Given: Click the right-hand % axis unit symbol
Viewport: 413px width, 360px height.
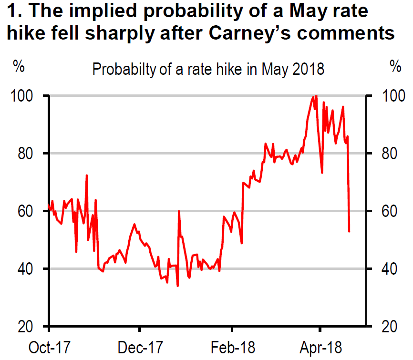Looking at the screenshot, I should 395,67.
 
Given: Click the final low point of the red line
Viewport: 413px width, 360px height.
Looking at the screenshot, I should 350,231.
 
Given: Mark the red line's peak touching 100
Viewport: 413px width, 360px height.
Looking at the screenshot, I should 316,96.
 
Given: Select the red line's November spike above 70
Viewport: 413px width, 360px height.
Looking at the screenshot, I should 86,175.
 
